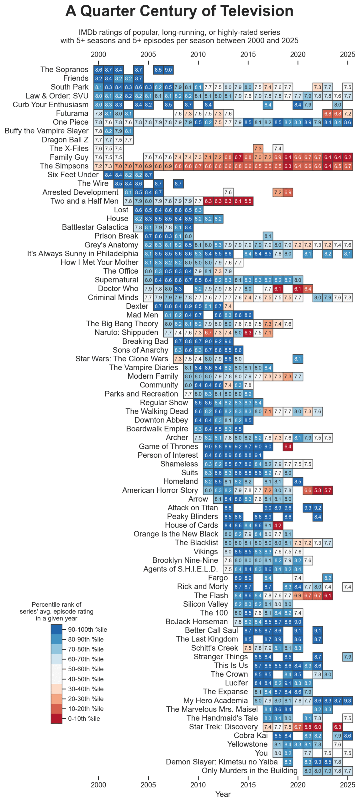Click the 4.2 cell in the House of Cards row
click(278, 525)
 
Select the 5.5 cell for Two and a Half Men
click(248, 201)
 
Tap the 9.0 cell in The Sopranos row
click(168, 70)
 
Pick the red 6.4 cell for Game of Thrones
click(288, 446)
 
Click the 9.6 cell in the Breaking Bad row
click(228, 341)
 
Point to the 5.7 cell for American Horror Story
click(328, 490)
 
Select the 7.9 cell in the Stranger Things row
click(348, 657)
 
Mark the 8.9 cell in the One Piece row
click(308, 122)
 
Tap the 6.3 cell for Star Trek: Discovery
click(338, 727)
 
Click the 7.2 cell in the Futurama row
click(348, 113)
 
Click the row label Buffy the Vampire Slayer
click(46, 131)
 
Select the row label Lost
click(121, 210)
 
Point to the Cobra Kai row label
click(251, 735)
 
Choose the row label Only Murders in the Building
click(250, 770)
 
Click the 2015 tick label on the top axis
click(248, 54)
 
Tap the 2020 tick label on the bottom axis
click(298, 784)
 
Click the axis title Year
click(223, 794)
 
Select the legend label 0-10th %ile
click(84, 718)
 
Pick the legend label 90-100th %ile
click(87, 629)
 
